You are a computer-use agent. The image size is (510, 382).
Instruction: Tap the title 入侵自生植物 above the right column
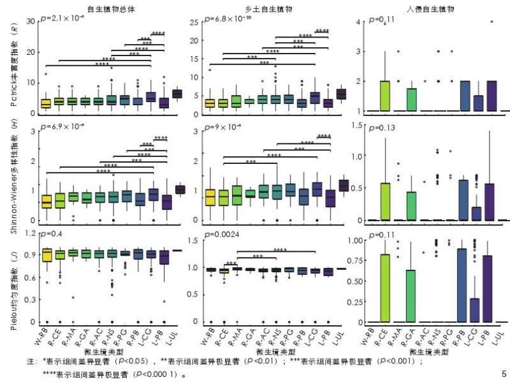(x=435, y=9)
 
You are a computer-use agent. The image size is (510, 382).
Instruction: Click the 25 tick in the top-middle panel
(x=199, y=22)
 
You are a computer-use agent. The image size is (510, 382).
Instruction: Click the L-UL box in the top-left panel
(x=177, y=94)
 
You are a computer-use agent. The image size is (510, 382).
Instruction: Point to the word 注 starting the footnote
(x=30, y=361)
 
